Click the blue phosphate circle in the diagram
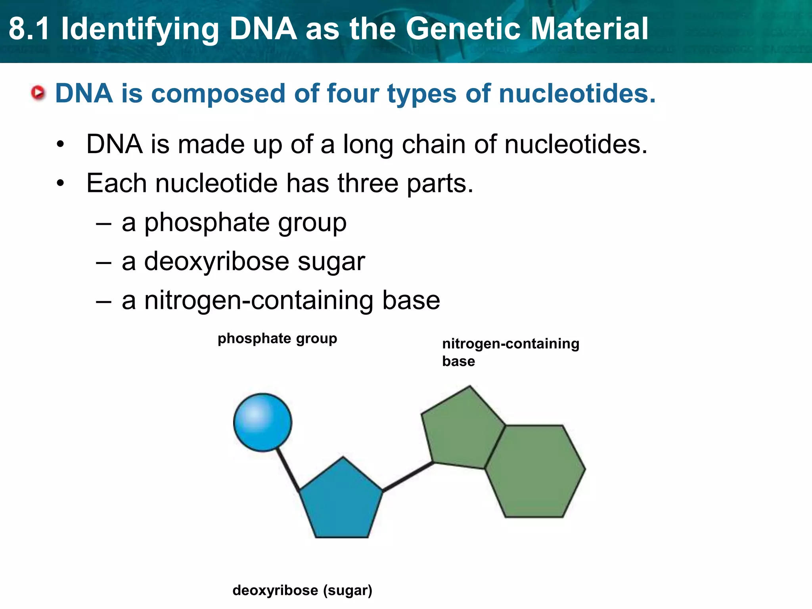tap(262, 422)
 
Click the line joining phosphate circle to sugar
tap(288, 470)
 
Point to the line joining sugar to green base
tap(408, 477)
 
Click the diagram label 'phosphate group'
tap(277, 339)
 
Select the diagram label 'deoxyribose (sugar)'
tap(302, 590)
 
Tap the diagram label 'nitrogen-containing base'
tap(510, 352)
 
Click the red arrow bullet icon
tap(38, 93)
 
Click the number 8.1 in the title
tap(29, 29)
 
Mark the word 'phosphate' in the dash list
tap(207, 223)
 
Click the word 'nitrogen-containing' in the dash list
tap(258, 300)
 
